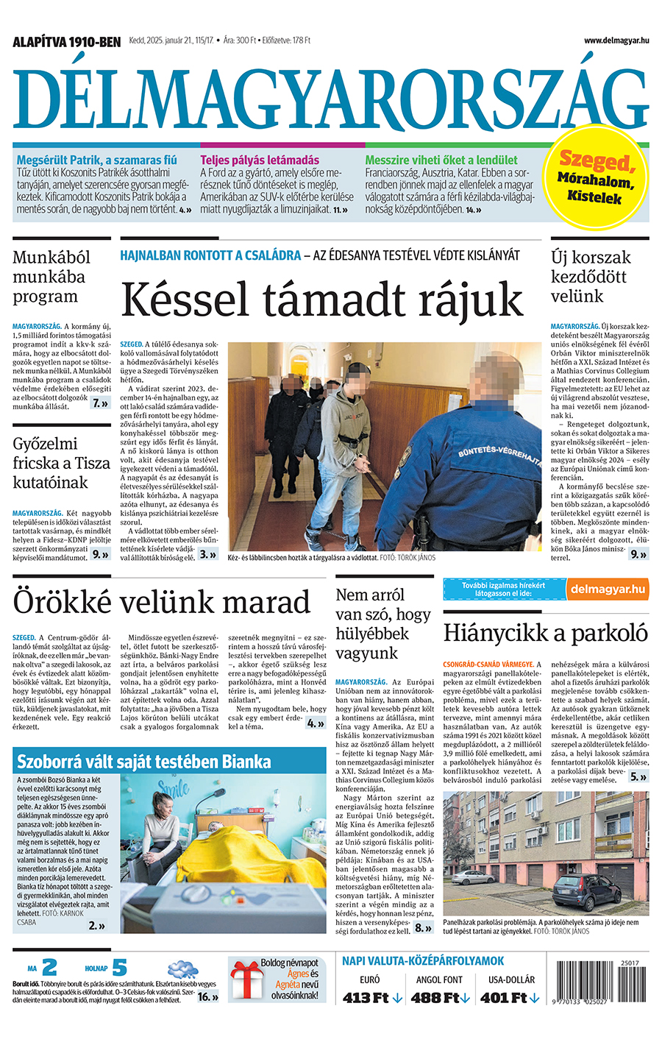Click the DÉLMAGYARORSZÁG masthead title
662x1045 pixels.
pyautogui.click(x=330, y=91)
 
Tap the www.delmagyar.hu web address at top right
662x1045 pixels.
pyautogui.click(x=616, y=40)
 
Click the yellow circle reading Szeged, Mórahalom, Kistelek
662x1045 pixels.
pyautogui.click(x=595, y=177)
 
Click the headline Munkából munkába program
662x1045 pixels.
pyautogui.click(x=51, y=277)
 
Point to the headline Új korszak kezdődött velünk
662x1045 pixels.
pyautogui.click(x=591, y=277)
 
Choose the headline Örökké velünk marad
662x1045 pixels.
pyautogui.click(x=162, y=602)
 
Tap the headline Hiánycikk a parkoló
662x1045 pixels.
pyautogui.click(x=545, y=633)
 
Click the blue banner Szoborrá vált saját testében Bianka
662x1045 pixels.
pyautogui.click(x=144, y=760)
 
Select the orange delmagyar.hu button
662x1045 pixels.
pyautogui.click(x=608, y=589)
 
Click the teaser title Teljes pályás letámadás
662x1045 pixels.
pyautogui.click(x=260, y=160)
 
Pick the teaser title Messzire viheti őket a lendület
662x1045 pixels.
pyautogui.click(x=441, y=160)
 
